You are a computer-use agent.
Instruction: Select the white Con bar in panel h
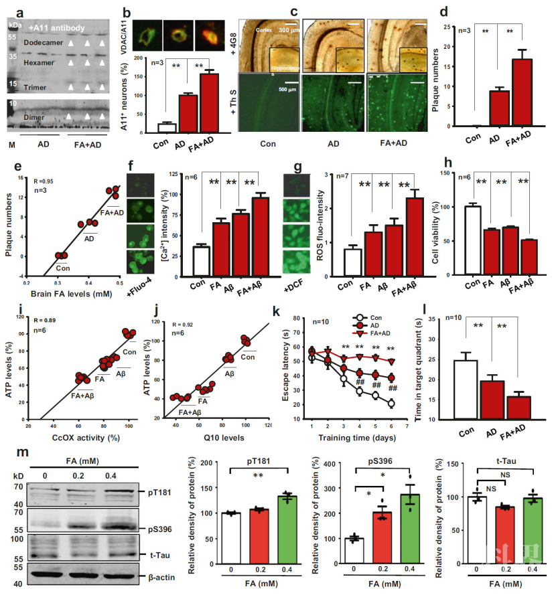pos(473,240)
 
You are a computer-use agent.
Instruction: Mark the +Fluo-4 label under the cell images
pos(138,278)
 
